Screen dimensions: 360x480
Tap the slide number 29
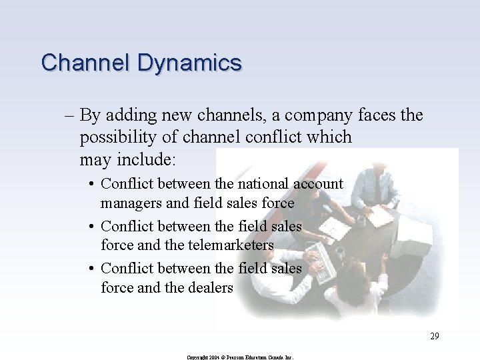pyautogui.click(x=434, y=336)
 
